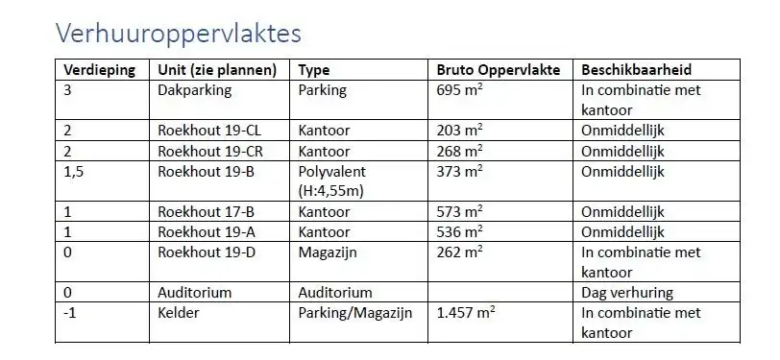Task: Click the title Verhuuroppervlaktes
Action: [x=178, y=34]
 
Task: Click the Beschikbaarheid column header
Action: [x=637, y=70]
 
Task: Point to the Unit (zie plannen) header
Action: [x=217, y=70]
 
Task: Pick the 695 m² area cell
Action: [x=459, y=90]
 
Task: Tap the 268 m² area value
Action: [x=459, y=151]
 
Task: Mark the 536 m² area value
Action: [x=459, y=231]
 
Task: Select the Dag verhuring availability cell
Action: [x=627, y=292]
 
